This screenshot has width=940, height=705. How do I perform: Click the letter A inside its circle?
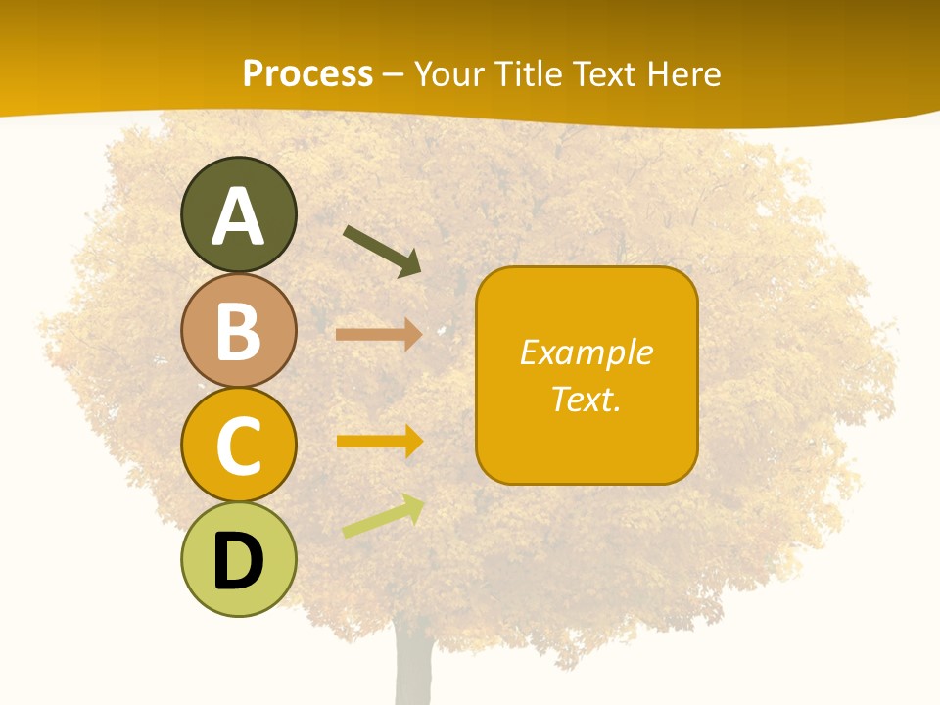[x=238, y=217]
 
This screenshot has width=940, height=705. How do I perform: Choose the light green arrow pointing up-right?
[x=383, y=516]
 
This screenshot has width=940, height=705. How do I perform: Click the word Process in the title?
[x=307, y=73]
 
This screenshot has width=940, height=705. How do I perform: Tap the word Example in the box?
[x=587, y=352]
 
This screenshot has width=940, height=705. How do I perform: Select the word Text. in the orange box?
[x=587, y=399]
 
